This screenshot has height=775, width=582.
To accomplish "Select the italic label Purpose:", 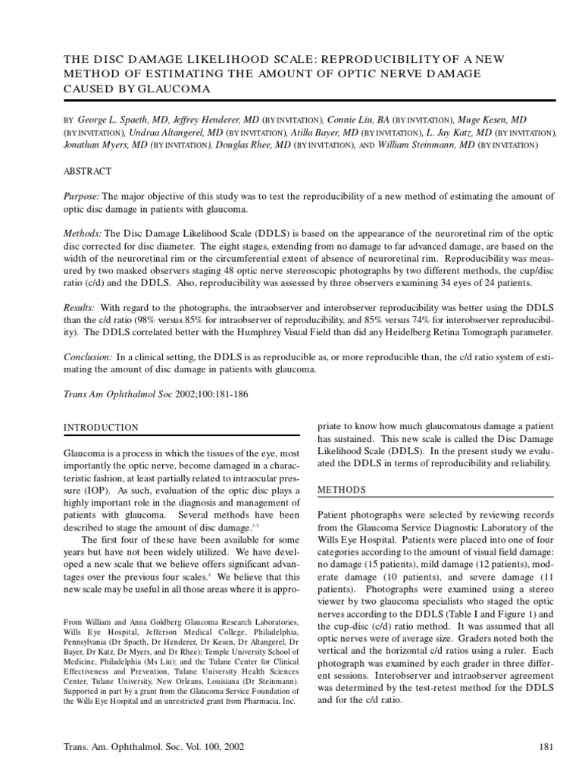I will click(81, 196).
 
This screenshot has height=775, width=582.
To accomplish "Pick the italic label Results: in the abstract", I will click(79, 309).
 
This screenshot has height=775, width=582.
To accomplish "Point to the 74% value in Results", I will click(411, 321).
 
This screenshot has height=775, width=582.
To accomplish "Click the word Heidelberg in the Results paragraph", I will click(402, 334).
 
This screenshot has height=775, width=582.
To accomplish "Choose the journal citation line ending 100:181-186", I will click(155, 395).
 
